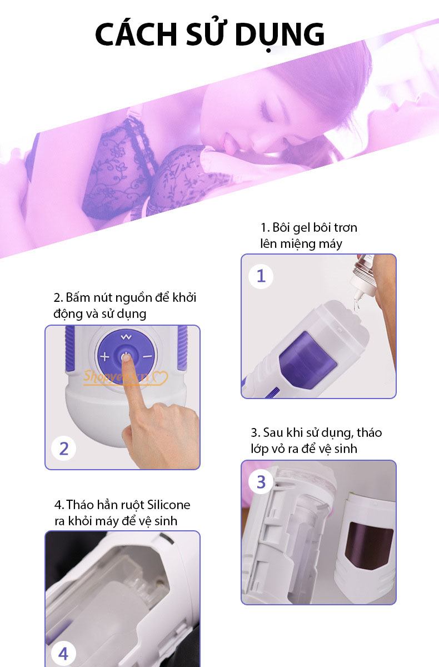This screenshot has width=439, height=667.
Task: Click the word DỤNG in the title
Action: tap(280, 35)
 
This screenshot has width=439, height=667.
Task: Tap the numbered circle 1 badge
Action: tap(261, 276)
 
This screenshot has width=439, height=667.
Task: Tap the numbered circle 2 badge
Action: tap(64, 449)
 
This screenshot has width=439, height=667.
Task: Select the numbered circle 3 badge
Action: tap(261, 482)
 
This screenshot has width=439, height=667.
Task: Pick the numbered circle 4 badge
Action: tap(63, 654)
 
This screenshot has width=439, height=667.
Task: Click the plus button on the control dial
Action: tap(104, 356)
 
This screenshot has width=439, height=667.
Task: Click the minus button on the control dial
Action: tap(147, 356)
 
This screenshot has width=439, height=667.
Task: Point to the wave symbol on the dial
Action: tap(126, 337)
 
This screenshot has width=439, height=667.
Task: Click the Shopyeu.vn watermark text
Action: tap(116, 376)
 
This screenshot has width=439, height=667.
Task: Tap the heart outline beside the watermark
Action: tap(160, 377)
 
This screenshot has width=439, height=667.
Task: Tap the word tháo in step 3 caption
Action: tap(369, 432)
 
